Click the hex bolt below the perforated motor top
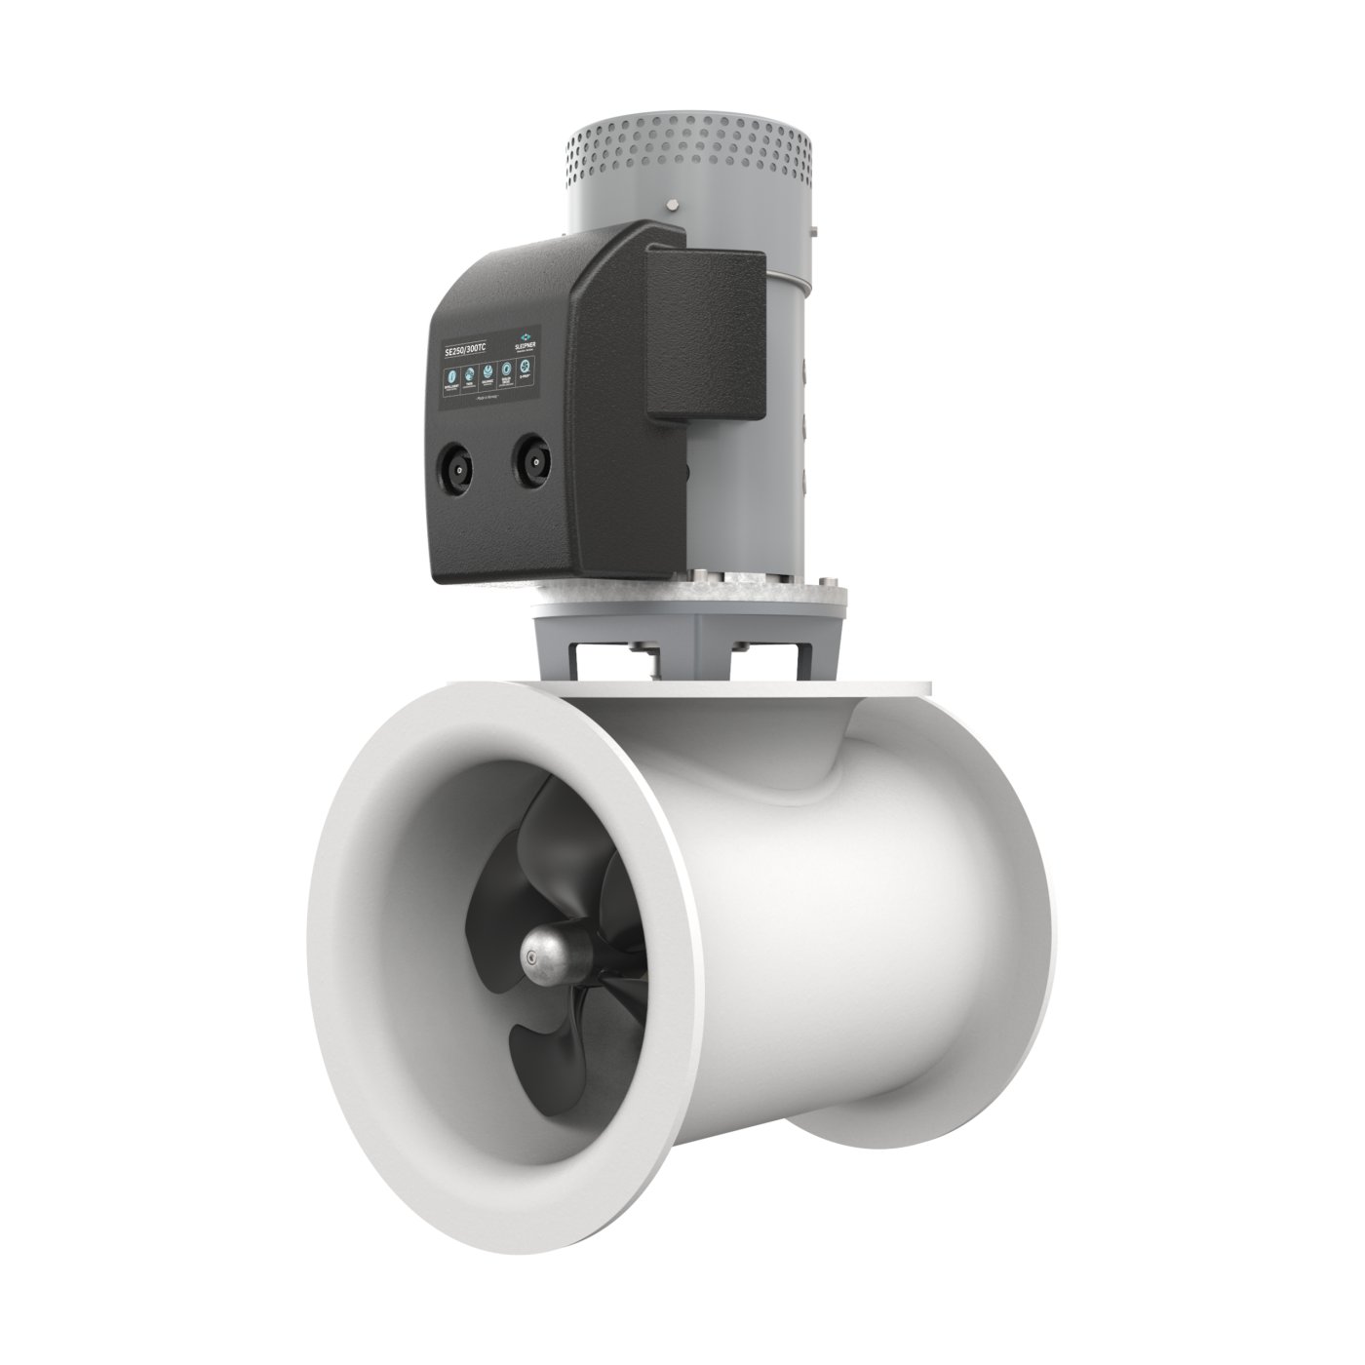pos(673,206)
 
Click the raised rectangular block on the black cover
pos(704,331)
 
